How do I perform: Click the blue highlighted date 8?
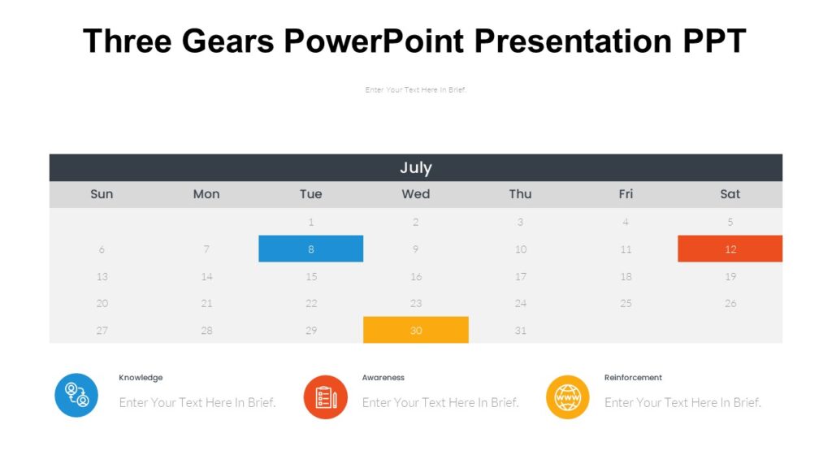310,249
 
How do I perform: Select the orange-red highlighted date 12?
730,249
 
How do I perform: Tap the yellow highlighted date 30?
415,330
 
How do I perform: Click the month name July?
415,167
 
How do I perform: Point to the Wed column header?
415,194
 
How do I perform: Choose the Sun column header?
102,194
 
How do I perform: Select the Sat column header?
730,194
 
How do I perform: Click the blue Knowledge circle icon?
76,396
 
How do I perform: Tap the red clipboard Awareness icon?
325,396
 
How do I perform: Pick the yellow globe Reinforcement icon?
567,396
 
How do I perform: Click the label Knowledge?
141,378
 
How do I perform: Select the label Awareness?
383,378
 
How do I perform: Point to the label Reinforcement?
633,378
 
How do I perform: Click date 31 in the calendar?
520,330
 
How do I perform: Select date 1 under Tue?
310,222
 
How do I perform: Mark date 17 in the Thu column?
520,276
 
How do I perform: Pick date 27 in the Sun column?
102,330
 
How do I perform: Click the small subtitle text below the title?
415,90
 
